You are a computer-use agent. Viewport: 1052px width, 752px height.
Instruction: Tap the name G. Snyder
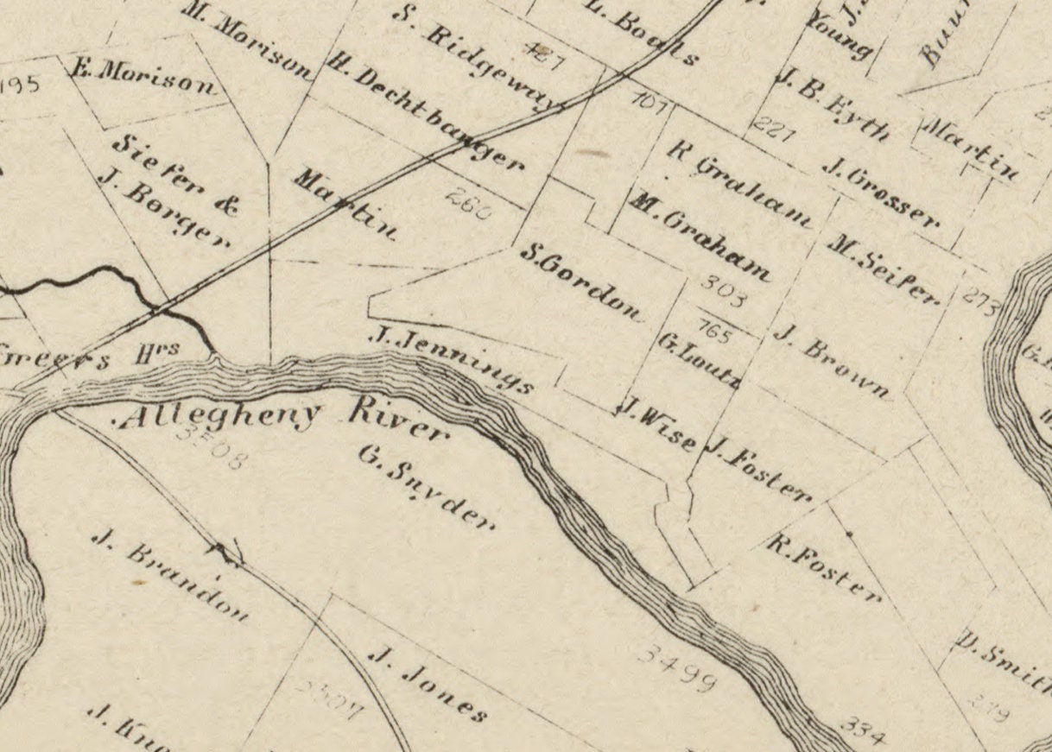427,486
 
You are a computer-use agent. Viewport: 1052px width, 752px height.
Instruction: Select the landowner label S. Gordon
582,282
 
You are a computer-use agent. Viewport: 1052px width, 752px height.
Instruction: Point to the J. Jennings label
449,359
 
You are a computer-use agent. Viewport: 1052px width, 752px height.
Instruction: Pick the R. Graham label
740,182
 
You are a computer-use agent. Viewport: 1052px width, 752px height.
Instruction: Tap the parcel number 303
721,290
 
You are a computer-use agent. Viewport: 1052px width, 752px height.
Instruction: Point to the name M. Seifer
882,269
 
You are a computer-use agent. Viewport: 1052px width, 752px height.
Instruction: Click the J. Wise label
656,423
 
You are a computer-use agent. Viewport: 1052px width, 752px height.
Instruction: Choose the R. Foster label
824,568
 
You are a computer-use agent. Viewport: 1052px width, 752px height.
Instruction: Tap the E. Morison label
143,79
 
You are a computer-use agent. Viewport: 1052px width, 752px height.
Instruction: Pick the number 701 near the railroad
650,103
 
